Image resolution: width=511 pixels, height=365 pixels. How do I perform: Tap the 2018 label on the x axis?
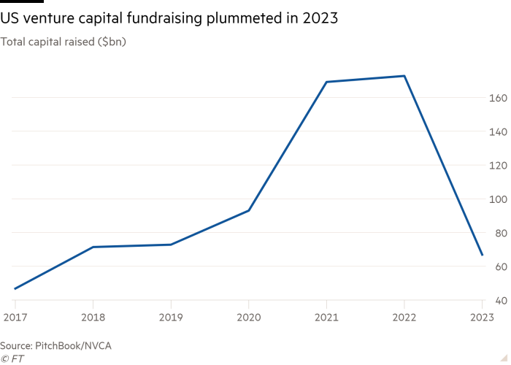[x=93, y=318]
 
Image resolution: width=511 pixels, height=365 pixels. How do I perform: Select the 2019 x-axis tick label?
[x=170, y=318]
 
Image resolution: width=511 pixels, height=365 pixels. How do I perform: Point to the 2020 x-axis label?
[x=248, y=318]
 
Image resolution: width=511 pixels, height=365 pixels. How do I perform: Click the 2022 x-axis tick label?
[x=404, y=318]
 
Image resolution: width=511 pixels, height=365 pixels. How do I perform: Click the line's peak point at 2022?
[x=404, y=76]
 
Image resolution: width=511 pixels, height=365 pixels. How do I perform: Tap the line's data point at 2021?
[x=326, y=82]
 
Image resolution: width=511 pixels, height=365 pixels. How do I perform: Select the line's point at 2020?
[x=248, y=211]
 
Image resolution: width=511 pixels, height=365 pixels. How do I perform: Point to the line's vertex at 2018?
[x=93, y=247]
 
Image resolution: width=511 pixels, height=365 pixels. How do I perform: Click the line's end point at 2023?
[x=483, y=255]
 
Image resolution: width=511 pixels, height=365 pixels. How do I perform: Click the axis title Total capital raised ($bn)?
[x=64, y=43]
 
